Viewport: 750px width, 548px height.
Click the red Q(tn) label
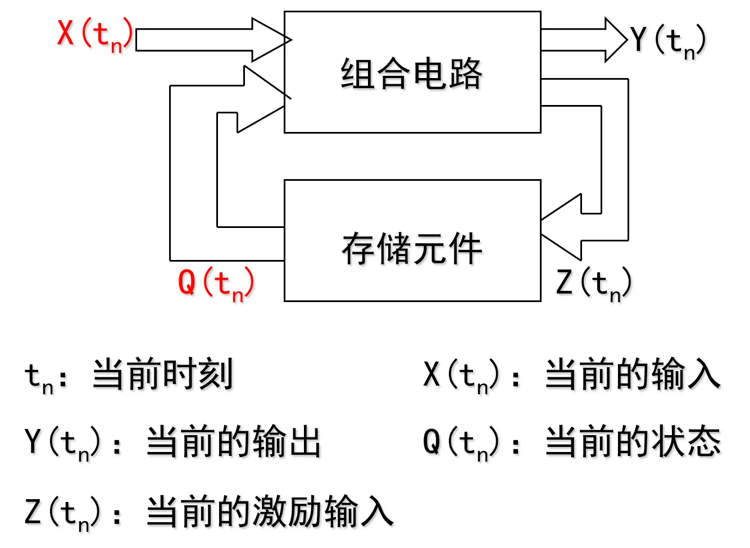point(216,284)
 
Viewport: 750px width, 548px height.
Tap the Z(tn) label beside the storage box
point(594,284)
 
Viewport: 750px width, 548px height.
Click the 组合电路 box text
point(412,74)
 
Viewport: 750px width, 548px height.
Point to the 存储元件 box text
point(412,249)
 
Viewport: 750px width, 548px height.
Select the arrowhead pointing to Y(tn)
point(616,39)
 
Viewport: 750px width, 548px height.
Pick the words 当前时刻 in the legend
point(162,375)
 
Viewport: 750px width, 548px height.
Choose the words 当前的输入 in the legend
point(633,375)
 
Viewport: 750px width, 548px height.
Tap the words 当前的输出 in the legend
point(234,442)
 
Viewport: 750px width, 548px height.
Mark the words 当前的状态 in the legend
point(633,442)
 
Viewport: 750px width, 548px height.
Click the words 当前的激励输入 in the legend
point(270,512)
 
